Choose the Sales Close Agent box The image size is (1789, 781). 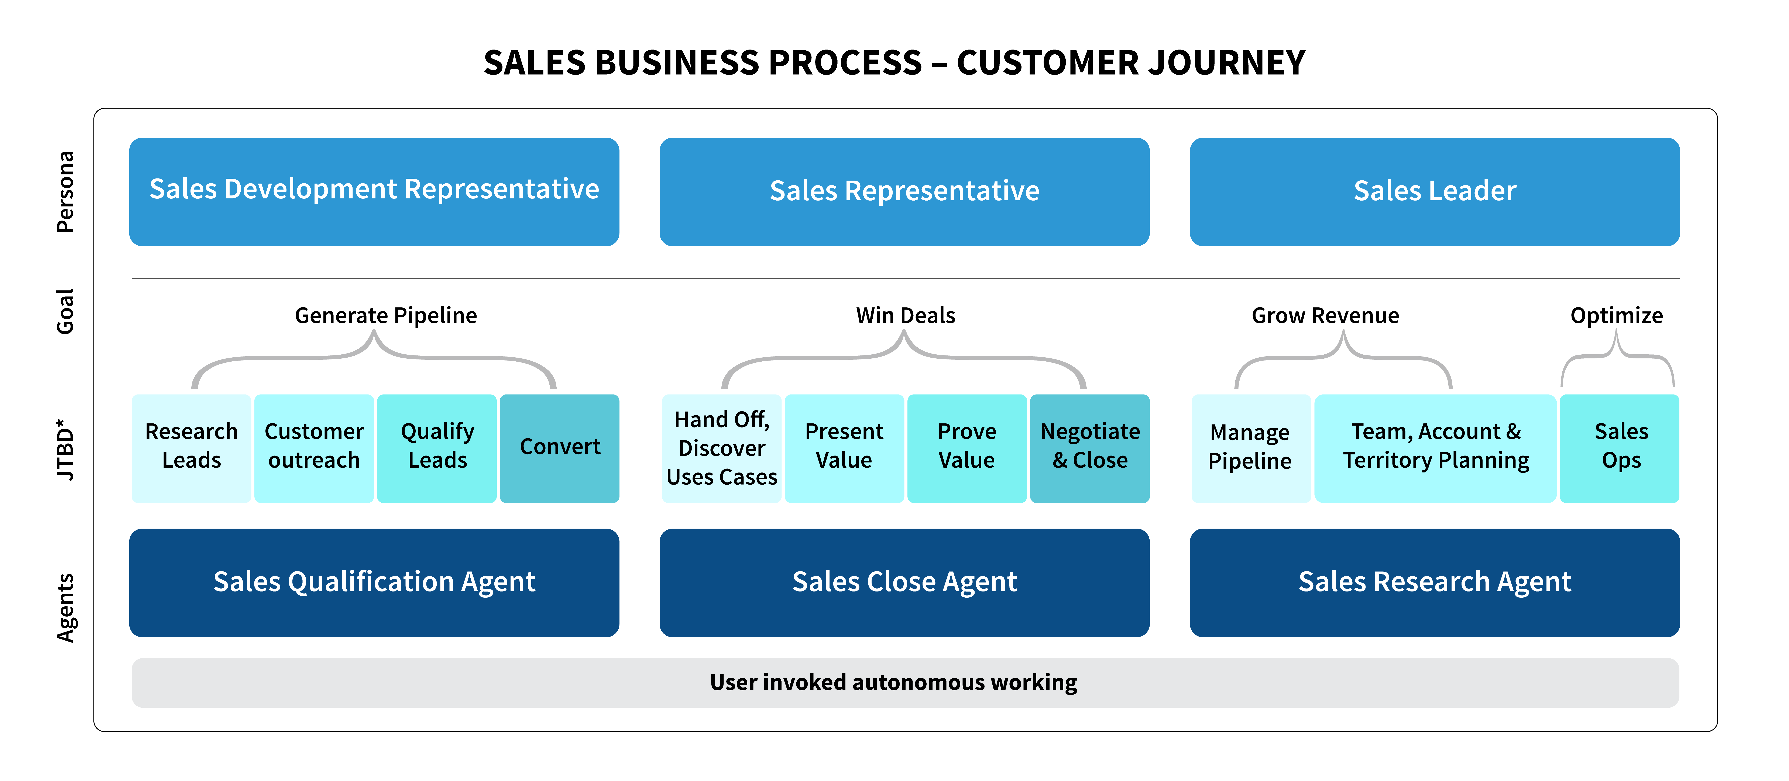coord(904,582)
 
